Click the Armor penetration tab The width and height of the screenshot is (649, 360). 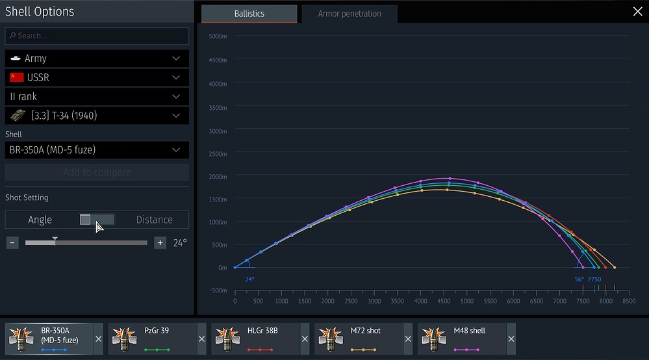349,14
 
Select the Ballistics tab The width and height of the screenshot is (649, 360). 249,14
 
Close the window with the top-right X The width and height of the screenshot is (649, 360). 637,11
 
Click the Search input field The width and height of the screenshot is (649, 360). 97,36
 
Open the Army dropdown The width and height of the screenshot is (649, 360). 97,58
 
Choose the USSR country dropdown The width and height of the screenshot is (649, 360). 97,77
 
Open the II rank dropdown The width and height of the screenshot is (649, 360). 97,96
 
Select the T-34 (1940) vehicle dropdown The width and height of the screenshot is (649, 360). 97,116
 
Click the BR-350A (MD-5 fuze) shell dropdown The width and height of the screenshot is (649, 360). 97,150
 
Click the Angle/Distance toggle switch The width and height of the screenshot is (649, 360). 97,220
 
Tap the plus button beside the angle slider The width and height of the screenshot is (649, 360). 160,243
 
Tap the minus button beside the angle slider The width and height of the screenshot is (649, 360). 12,243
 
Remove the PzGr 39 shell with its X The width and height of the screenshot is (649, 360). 201,339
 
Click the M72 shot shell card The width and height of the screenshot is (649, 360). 359,339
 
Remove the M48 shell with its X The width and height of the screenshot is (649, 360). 511,339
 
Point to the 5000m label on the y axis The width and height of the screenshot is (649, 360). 218,36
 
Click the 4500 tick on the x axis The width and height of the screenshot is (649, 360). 444,302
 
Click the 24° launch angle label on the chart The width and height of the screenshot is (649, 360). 249,279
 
